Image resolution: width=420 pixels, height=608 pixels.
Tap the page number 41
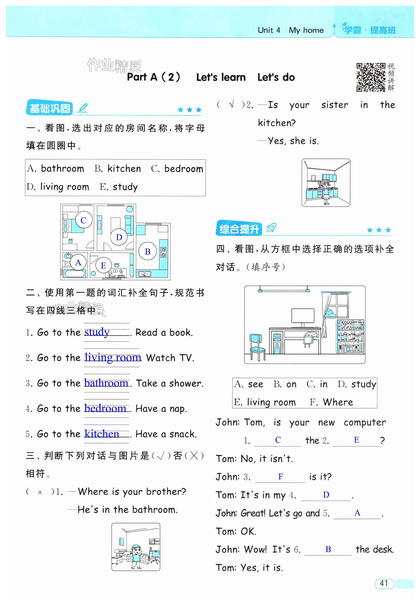coord(384,583)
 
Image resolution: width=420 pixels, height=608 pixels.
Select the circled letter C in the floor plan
coord(83,220)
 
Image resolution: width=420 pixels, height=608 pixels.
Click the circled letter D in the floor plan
coord(119,237)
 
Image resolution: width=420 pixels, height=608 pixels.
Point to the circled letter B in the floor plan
coord(148,251)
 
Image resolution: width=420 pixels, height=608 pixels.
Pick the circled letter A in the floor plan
coord(78,263)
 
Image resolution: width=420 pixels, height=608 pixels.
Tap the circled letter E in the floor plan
coord(103,266)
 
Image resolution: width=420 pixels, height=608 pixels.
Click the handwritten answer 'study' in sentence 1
coord(97,332)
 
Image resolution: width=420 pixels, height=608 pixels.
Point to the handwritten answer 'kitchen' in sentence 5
coord(102,434)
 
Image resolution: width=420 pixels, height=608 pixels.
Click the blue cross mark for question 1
coord(40,492)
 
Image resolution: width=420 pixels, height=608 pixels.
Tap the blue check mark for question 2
coord(231,104)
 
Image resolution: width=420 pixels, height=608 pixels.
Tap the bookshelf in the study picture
coord(351,337)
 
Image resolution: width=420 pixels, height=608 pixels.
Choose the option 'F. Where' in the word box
coord(331,402)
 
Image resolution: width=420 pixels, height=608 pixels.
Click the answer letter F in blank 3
coord(281,476)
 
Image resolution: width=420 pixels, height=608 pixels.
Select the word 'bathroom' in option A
coord(62,168)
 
